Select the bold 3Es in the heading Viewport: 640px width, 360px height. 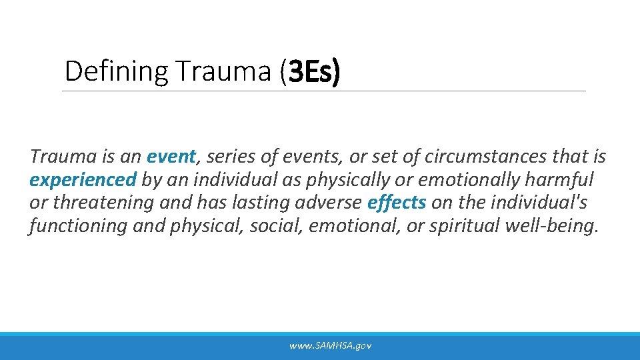[x=311, y=71]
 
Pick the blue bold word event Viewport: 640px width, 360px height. [x=171, y=157]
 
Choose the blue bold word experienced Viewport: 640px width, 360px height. [x=83, y=180]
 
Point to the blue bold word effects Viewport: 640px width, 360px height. [x=397, y=203]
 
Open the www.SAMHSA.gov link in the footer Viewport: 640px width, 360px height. [x=330, y=345]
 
